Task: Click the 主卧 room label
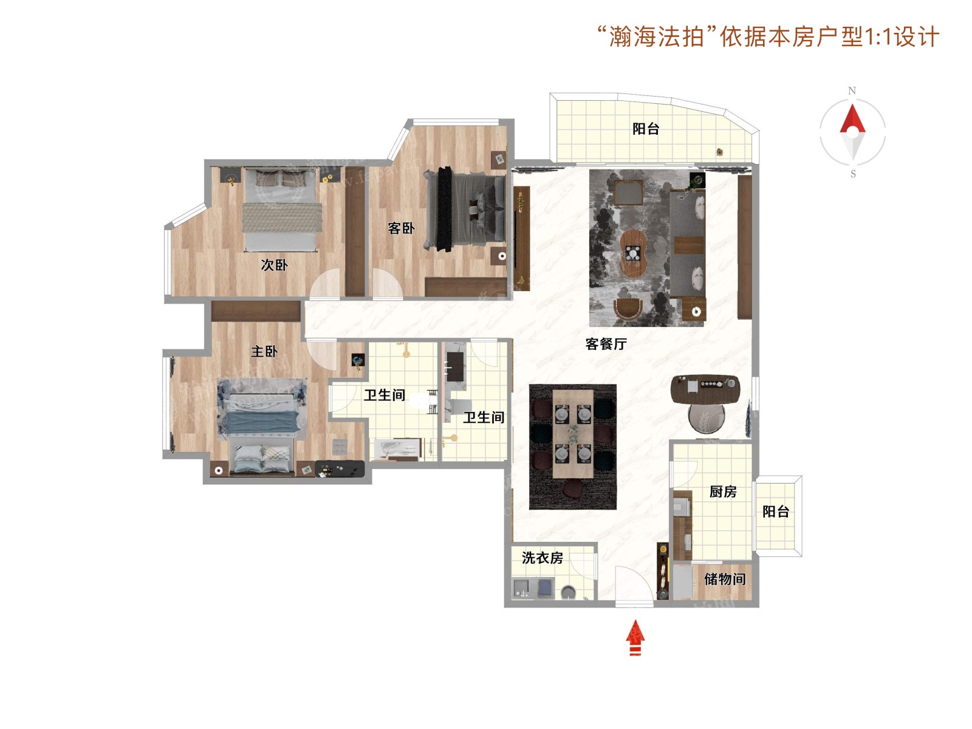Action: click(x=264, y=352)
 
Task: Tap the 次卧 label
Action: click(x=274, y=265)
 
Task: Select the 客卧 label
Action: click(x=401, y=228)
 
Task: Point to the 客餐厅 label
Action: click(x=606, y=343)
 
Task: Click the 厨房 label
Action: click(x=723, y=491)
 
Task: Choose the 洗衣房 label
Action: click(x=542, y=558)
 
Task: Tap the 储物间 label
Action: click(x=725, y=578)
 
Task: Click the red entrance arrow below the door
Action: click(x=635, y=637)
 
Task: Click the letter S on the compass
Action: click(x=853, y=174)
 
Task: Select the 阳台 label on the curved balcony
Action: click(x=646, y=129)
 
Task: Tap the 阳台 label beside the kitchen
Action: click(x=775, y=512)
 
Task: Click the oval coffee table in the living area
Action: click(x=634, y=253)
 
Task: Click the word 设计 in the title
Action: click(x=917, y=36)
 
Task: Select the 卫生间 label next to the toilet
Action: click(x=385, y=395)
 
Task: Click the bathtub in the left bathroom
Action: click(x=397, y=450)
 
